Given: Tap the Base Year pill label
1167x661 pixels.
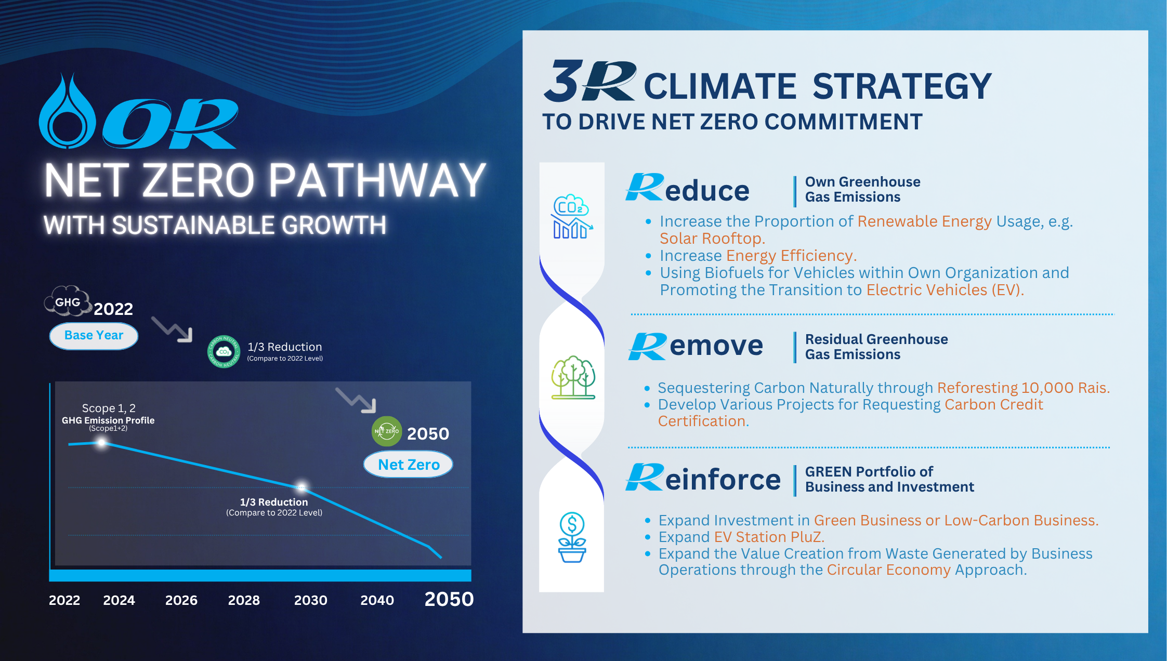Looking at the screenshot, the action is pyautogui.click(x=94, y=336).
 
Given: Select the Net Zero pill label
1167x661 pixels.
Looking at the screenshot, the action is pyautogui.click(x=409, y=464).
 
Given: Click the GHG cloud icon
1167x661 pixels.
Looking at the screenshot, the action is pyautogui.click(x=68, y=301).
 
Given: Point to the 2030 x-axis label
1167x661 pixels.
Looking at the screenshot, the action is pyautogui.click(x=311, y=600).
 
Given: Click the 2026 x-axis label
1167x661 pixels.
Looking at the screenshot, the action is pyautogui.click(x=181, y=600).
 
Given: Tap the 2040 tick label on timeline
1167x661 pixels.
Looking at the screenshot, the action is pyautogui.click(x=377, y=600).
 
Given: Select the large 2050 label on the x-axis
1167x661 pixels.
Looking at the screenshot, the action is pyautogui.click(x=449, y=599).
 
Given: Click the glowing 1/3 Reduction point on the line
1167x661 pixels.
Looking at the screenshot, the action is pyautogui.click(x=301, y=487).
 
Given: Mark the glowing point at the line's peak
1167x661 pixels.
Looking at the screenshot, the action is pyautogui.click(x=102, y=443).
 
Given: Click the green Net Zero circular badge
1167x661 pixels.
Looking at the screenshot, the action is pyautogui.click(x=387, y=431).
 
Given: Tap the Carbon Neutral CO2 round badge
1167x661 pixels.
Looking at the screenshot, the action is pyautogui.click(x=224, y=352).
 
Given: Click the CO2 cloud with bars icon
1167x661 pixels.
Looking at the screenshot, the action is pyautogui.click(x=572, y=217).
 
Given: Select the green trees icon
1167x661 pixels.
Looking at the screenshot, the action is pyautogui.click(x=573, y=377).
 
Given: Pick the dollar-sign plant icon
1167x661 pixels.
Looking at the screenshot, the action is pyautogui.click(x=572, y=537).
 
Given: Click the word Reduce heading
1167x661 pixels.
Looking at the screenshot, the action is pyautogui.click(x=687, y=189).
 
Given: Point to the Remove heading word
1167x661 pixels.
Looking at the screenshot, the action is pyautogui.click(x=696, y=346).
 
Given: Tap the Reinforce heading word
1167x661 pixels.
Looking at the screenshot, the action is pyautogui.click(x=703, y=478).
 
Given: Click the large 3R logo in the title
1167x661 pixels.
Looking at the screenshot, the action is pyautogui.click(x=590, y=81).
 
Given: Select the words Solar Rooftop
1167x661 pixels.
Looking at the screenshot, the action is pyautogui.click(x=712, y=239).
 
